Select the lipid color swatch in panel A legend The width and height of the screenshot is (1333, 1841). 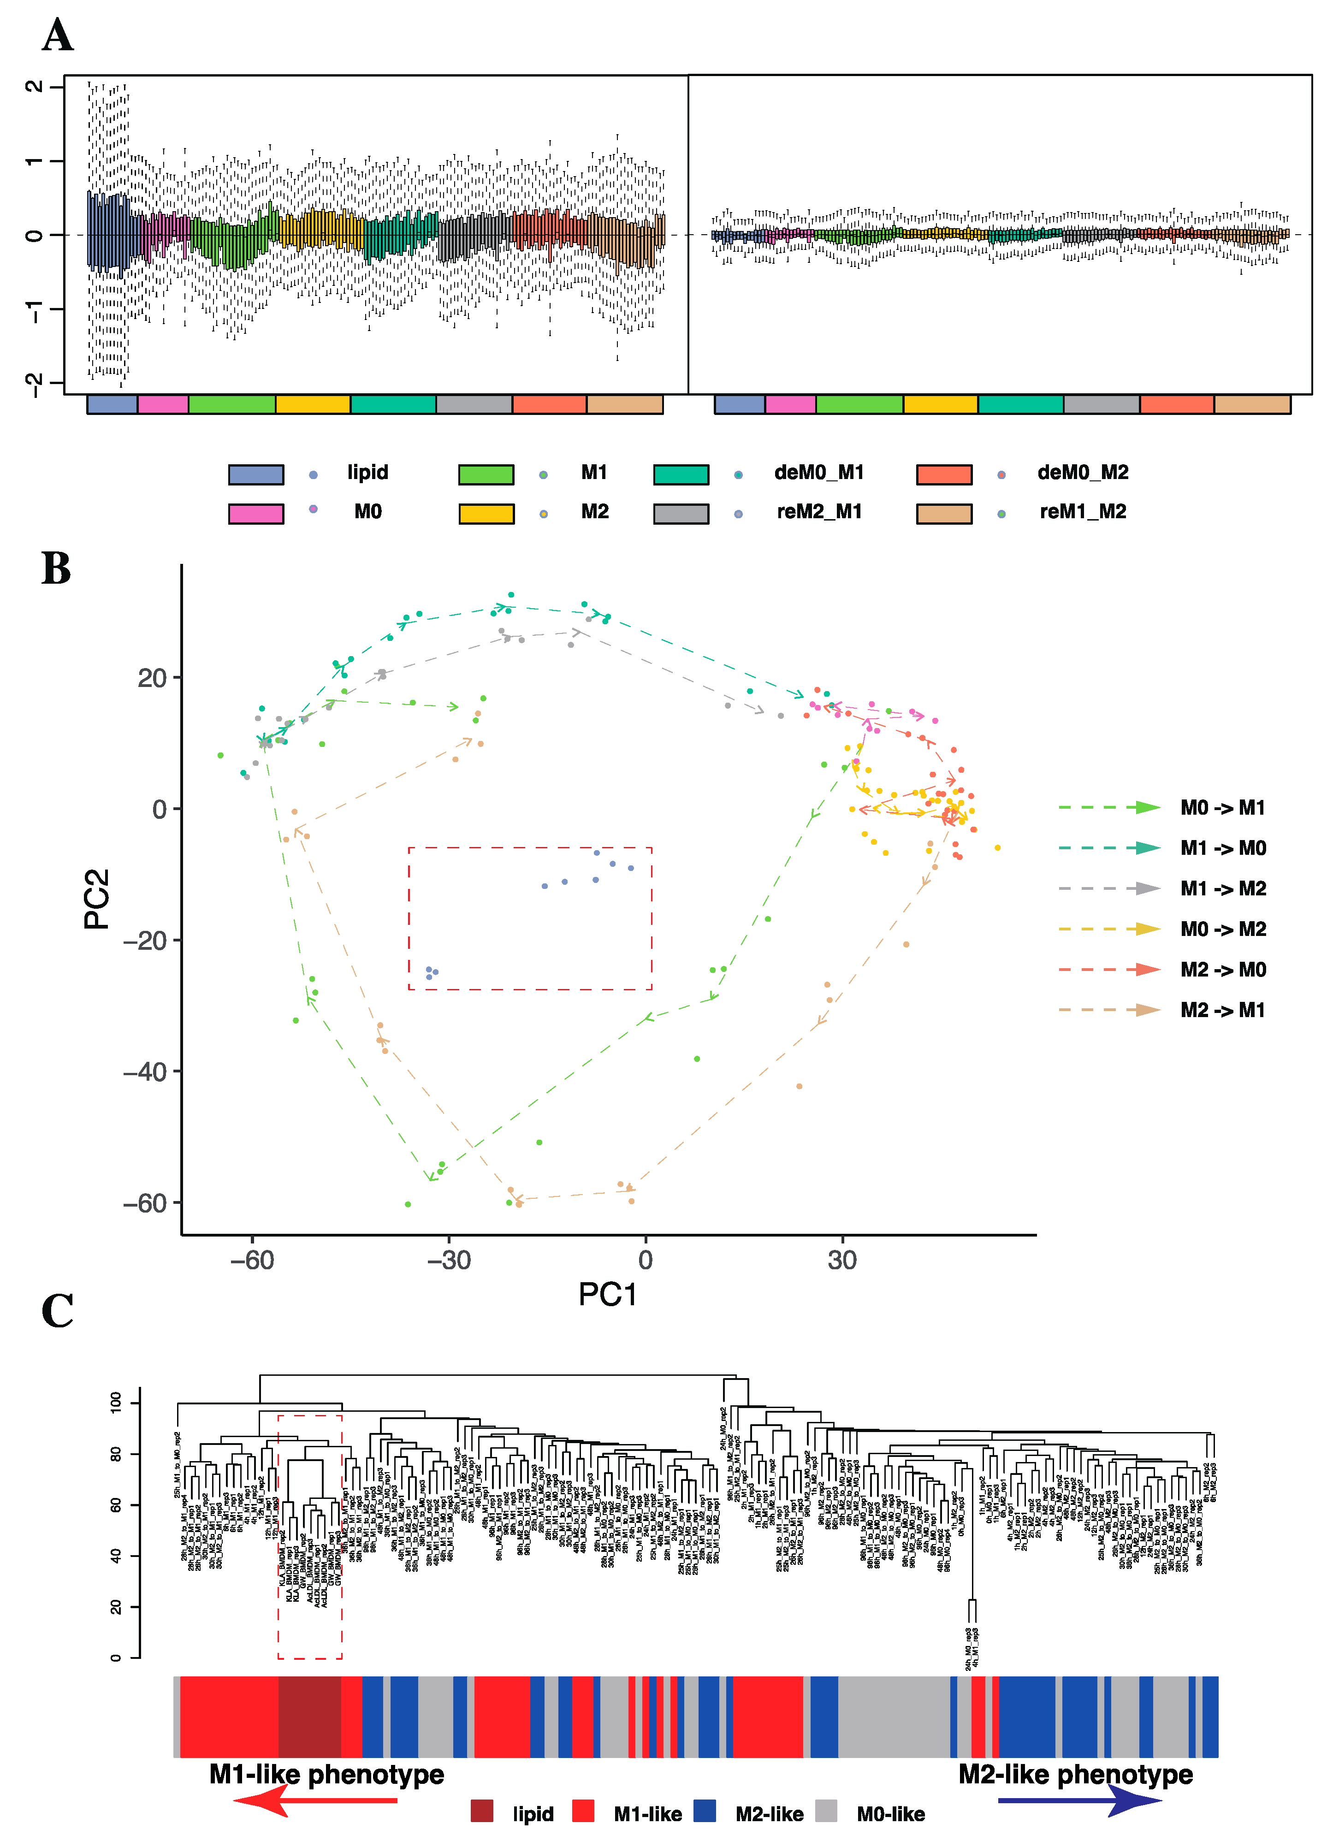pyautogui.click(x=256, y=474)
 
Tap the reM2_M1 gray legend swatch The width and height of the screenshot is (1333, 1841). pyautogui.click(x=680, y=513)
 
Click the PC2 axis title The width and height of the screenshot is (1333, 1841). pyautogui.click(x=97, y=899)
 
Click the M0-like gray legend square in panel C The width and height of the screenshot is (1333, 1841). pyautogui.click(x=826, y=1810)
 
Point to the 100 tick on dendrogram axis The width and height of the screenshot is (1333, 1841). pyautogui.click(x=116, y=1402)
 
